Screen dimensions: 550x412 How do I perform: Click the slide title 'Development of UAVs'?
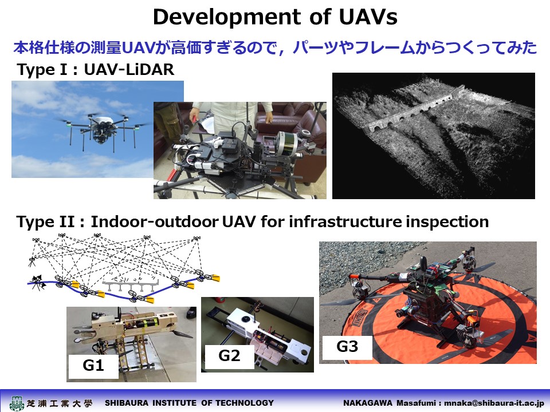276,17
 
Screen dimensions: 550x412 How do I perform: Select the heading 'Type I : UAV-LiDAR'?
96,69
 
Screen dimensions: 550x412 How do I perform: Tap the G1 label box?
93,366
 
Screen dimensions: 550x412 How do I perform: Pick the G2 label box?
229,356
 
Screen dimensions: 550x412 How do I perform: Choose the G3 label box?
347,347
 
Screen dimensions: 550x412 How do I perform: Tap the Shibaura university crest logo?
17,403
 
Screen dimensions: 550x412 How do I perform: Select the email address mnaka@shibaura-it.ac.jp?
494,403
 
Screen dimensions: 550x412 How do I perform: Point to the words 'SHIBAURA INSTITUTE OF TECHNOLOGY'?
190,403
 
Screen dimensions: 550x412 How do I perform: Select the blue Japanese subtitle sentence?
275,47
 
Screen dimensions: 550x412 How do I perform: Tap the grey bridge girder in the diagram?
131,285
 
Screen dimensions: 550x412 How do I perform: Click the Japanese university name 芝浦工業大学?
60,403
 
